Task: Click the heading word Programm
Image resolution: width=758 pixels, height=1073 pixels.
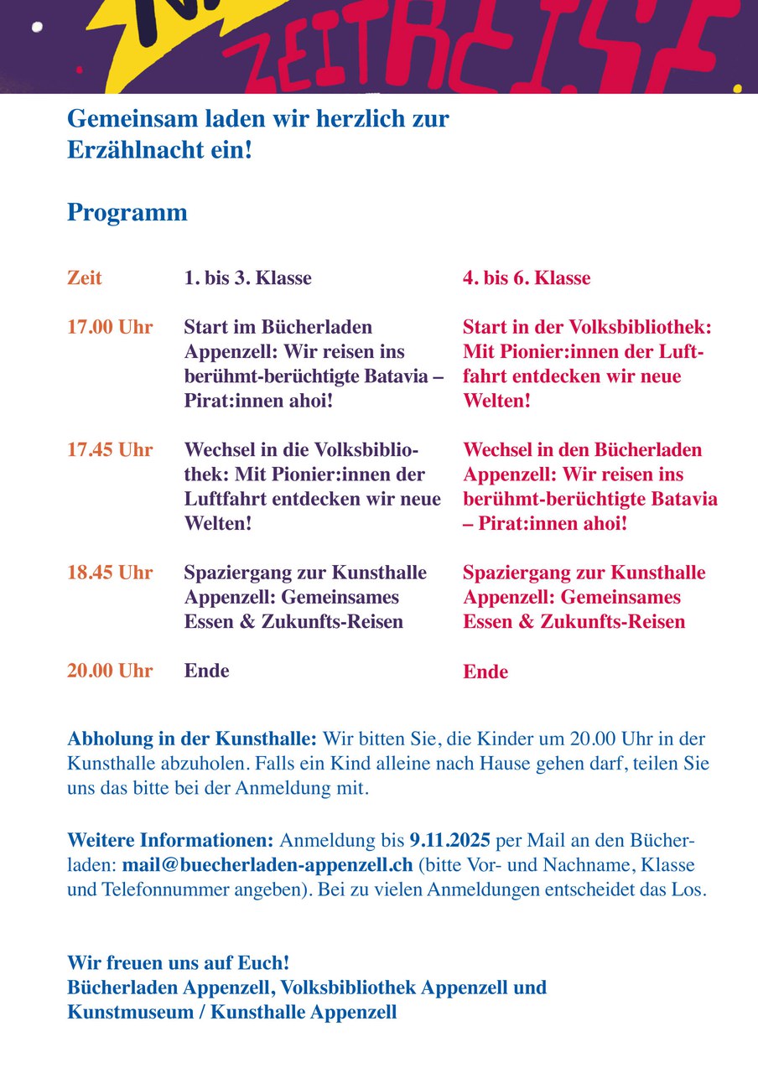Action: [x=127, y=213]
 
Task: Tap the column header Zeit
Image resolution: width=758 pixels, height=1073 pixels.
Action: [x=84, y=278]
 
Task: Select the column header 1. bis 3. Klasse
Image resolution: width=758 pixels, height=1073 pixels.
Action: [x=247, y=278]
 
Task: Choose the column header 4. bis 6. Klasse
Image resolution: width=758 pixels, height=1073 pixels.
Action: [x=527, y=278]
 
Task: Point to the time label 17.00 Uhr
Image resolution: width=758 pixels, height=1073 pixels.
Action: [x=110, y=327]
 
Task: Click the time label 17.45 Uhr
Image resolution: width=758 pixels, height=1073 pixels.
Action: [x=110, y=450]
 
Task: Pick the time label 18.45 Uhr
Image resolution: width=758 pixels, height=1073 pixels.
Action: [x=110, y=573]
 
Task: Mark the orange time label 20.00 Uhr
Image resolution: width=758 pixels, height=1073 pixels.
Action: [x=110, y=671]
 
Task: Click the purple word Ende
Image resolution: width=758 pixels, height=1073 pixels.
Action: [x=206, y=671]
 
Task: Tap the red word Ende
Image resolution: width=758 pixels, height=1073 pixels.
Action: [x=485, y=672]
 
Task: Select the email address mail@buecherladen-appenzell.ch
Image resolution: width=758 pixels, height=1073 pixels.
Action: [x=267, y=864]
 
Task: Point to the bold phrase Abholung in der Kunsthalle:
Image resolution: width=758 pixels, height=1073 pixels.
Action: [x=192, y=739]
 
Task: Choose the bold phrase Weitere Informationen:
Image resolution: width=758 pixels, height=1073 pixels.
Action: [x=170, y=839]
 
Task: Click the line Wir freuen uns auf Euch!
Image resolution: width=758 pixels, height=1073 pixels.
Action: [x=179, y=962]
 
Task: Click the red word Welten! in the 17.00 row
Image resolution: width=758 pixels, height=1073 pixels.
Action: [x=496, y=401]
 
